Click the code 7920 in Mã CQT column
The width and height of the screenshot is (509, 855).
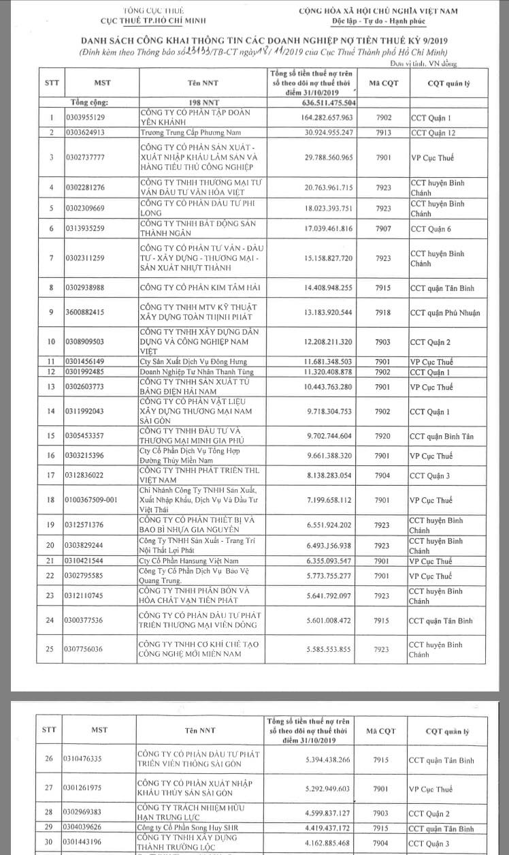tap(383, 436)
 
